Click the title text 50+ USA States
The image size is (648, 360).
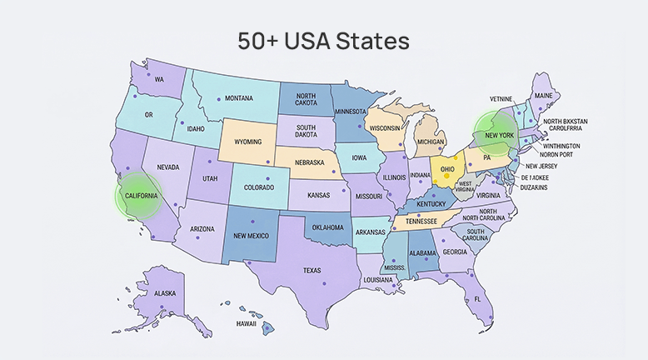pyautogui.click(x=323, y=41)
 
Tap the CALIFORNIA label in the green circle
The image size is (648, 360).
pyautogui.click(x=139, y=195)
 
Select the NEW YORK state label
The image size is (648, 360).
pyautogui.click(x=500, y=135)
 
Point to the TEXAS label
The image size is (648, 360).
pyautogui.click(x=312, y=270)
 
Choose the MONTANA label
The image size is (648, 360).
pyautogui.click(x=239, y=98)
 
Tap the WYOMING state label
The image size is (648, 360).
pyautogui.click(x=249, y=142)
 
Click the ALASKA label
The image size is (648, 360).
pyautogui.click(x=165, y=293)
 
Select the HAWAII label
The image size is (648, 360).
pyautogui.click(x=246, y=323)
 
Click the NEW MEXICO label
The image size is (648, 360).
pyautogui.click(x=250, y=236)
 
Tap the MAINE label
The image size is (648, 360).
pyautogui.click(x=543, y=96)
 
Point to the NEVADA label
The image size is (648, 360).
pyautogui.click(x=169, y=167)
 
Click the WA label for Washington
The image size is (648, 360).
pyautogui.click(x=159, y=79)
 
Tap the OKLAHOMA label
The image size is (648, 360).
pyautogui.click(x=327, y=227)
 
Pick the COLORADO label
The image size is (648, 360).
pyautogui.click(x=260, y=187)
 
